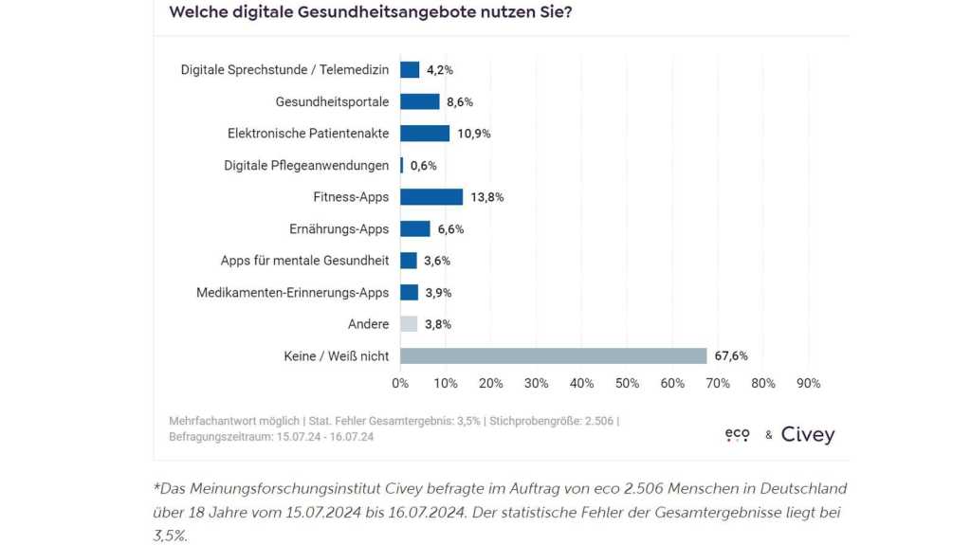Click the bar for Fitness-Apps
coord(431,197)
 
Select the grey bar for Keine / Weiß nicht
coord(553,356)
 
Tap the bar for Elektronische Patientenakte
coord(425,134)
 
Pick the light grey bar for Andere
coord(409,324)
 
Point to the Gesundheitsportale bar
coord(420,101)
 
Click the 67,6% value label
coord(732,356)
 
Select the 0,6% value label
coord(423,166)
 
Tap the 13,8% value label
coord(488,197)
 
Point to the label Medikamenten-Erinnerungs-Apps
coord(292,293)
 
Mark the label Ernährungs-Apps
coord(339,229)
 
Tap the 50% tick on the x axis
coord(627,383)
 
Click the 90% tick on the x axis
coord(808,383)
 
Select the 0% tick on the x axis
coord(400,383)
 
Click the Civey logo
coord(808,435)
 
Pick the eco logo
coord(737,434)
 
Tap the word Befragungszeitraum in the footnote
coord(220,437)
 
